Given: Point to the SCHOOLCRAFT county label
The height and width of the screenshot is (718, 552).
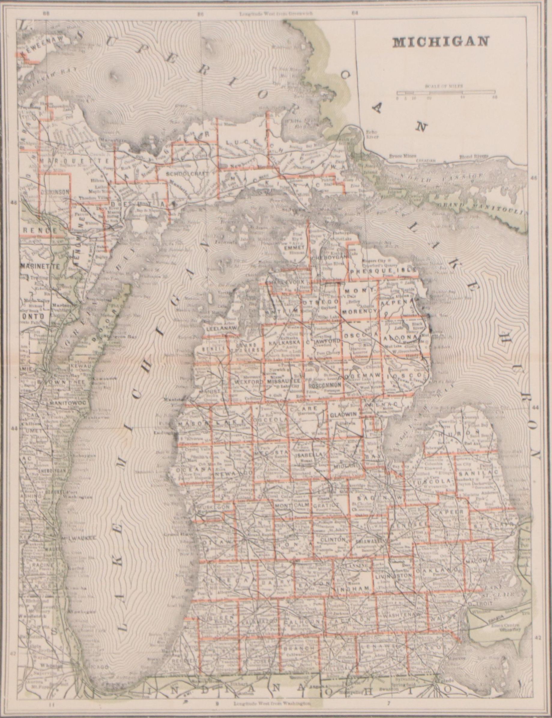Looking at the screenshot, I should pyautogui.click(x=188, y=174).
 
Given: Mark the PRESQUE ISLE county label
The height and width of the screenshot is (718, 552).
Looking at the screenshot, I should pyautogui.click(x=383, y=271).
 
